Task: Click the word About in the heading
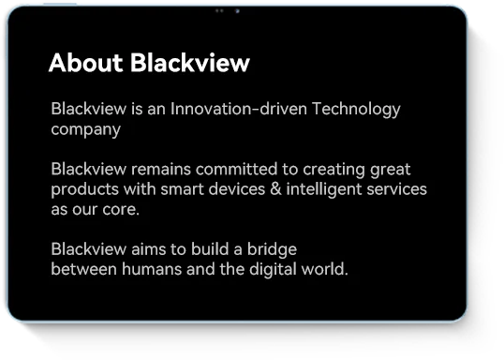[x=86, y=63]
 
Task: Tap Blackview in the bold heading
[x=190, y=62]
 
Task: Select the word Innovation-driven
[x=239, y=109]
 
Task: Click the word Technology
[x=356, y=110]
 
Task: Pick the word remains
[x=161, y=170]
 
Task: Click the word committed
[x=237, y=170]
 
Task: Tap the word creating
[x=334, y=171]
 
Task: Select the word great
[x=391, y=171]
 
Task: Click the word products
[x=85, y=190]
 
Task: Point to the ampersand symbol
[x=275, y=189]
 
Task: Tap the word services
[x=396, y=189]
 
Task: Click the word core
[x=121, y=210]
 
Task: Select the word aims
[x=149, y=249]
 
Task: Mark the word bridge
[x=272, y=250]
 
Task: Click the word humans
[x=152, y=269]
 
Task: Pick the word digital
[x=273, y=270]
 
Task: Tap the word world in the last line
[x=325, y=269]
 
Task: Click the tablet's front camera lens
[x=237, y=11]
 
